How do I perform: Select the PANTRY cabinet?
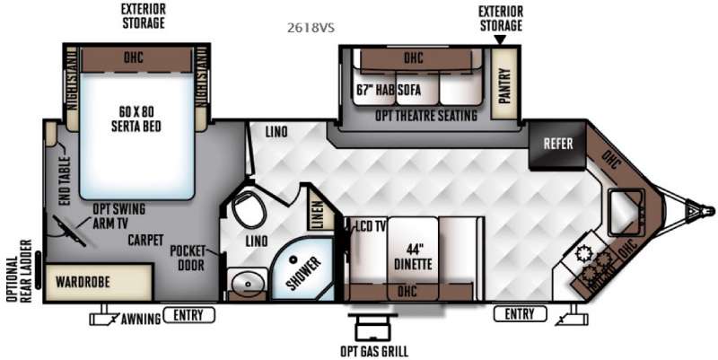[504, 86]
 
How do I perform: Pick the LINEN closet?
[316, 208]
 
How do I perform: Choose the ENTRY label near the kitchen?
[520, 314]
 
